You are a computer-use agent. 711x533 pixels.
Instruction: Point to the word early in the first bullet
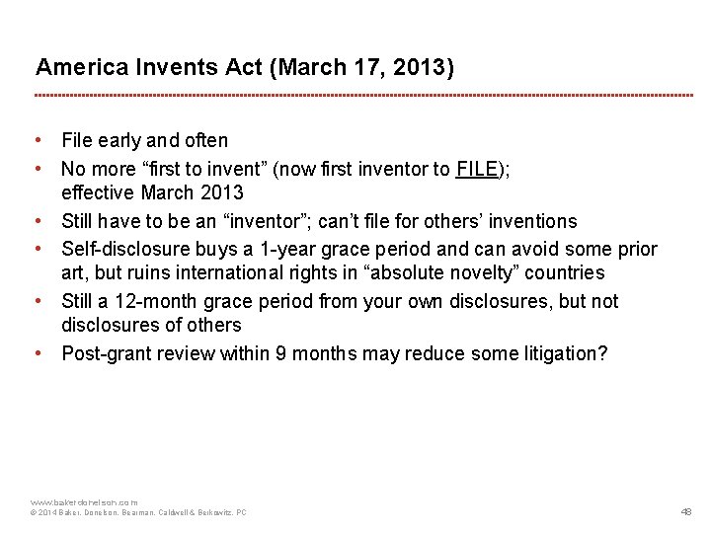(x=120, y=140)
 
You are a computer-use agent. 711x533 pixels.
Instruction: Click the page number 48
(x=686, y=512)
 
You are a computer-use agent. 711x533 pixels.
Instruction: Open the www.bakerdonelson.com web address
(x=84, y=501)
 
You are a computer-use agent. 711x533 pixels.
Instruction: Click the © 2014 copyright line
(x=138, y=512)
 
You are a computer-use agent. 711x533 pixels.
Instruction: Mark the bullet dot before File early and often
(x=37, y=140)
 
